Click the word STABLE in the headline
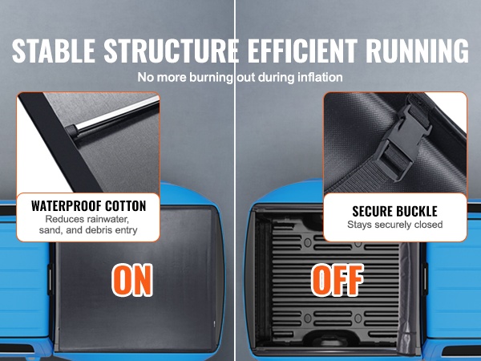point(54,51)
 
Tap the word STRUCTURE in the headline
point(172,51)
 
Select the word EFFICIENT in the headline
point(302,51)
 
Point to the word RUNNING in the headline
point(417,51)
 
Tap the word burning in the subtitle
point(212,78)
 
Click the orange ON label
point(132,280)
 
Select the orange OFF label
point(338,280)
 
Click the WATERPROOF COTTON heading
point(89,205)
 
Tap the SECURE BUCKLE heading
point(394,211)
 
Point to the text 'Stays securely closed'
point(394,225)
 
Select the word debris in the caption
point(99,230)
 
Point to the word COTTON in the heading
point(126,205)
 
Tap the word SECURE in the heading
point(371,211)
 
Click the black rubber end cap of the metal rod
point(71,131)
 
